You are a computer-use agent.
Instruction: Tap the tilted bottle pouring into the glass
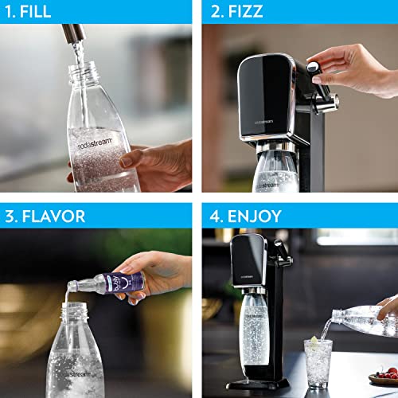point(370,324)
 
